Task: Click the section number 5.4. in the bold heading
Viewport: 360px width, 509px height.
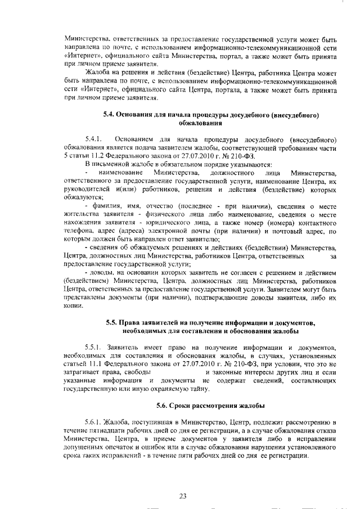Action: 111,115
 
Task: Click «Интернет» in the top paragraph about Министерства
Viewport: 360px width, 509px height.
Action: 83,57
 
